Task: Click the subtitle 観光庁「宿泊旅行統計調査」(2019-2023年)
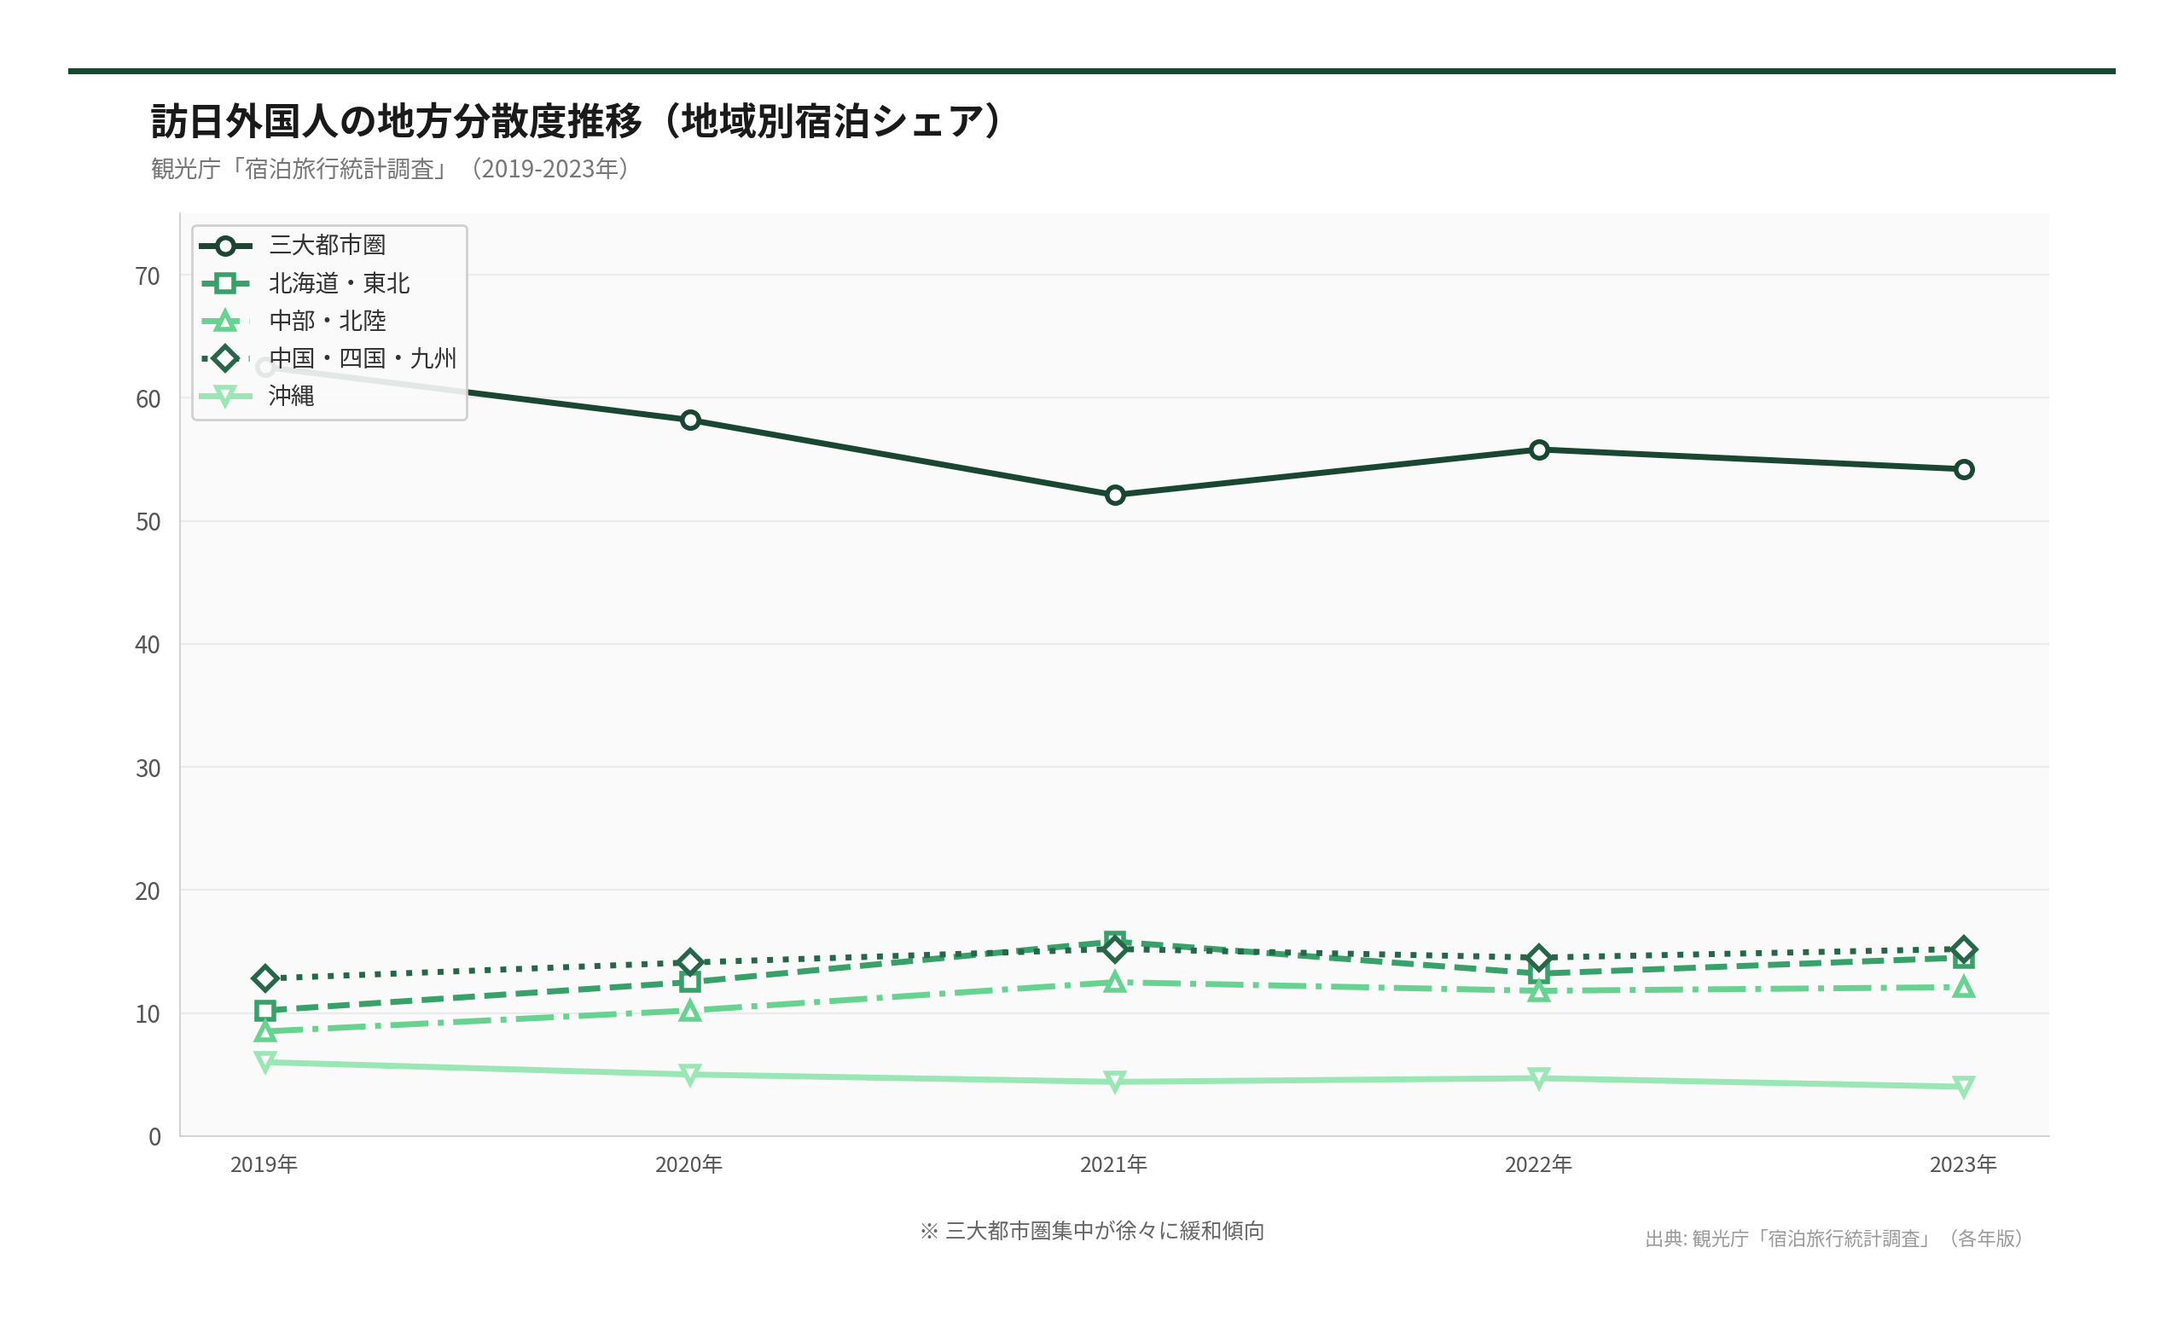point(390,168)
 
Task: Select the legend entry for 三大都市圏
point(327,246)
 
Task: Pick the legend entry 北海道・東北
point(339,283)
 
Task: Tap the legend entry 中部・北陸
point(327,321)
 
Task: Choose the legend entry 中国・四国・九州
point(362,358)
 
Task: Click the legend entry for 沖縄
point(292,395)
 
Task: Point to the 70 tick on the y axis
point(147,276)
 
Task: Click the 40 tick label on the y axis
point(147,645)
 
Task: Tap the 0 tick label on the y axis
point(154,1137)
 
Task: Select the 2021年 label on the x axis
point(1113,1164)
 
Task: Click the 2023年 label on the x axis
point(1962,1164)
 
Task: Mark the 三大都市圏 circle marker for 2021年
point(1115,496)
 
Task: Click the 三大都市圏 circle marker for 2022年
point(1539,450)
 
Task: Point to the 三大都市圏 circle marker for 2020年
point(690,421)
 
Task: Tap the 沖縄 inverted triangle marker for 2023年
point(1963,1087)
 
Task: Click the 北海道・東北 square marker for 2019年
point(265,1010)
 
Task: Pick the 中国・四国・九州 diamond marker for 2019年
point(265,978)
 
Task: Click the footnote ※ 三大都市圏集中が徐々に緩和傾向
point(1092,1230)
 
